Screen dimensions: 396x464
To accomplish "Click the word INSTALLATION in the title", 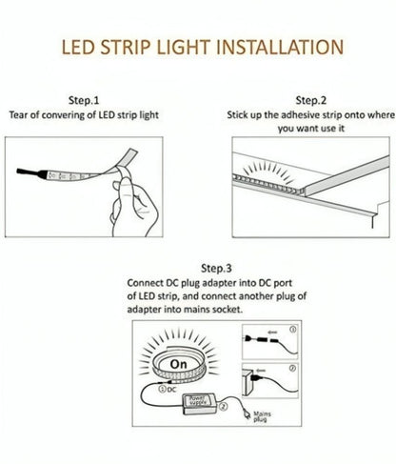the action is tap(280, 47).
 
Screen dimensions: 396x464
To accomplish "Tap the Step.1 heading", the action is tap(84, 100).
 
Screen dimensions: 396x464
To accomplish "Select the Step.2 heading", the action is tap(311, 100).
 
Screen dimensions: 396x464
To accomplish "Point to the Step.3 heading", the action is tap(216, 269).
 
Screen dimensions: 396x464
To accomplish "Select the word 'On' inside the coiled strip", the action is tap(178, 364).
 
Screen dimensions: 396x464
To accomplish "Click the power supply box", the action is tap(199, 404).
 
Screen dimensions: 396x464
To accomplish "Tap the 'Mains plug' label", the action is tap(262, 416).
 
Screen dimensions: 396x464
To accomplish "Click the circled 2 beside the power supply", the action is tap(224, 407).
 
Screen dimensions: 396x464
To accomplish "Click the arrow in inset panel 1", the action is tap(272, 333).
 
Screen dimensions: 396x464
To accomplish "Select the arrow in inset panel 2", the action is tap(261, 371).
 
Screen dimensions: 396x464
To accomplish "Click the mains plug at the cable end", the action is tap(247, 414).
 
